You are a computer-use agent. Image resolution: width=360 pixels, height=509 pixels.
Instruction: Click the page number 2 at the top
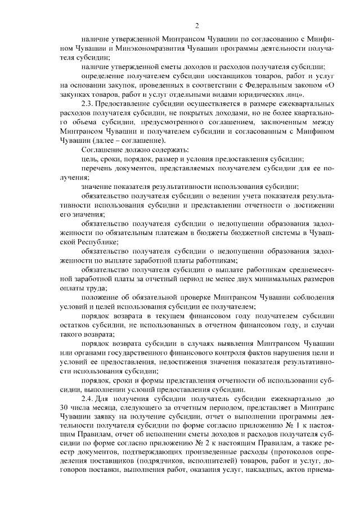(x=197, y=25)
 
